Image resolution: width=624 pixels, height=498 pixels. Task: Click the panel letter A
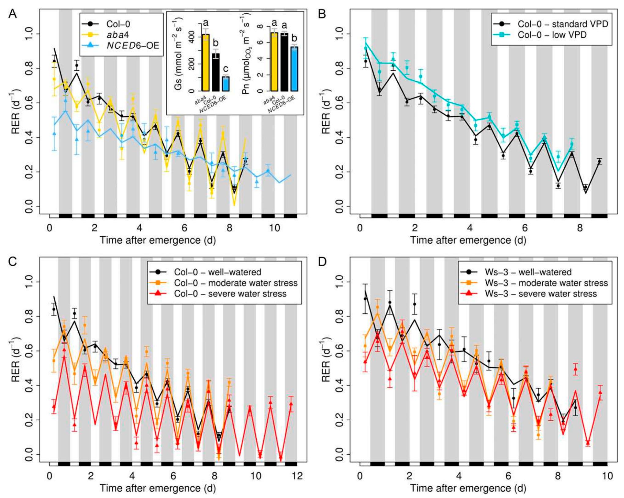(12, 14)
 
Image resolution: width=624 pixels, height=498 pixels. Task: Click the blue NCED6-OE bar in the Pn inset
(294, 69)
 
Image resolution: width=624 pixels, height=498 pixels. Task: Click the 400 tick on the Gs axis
(192, 37)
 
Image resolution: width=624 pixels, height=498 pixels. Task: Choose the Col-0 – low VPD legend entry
(552, 35)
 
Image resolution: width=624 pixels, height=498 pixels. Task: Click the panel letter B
(322, 14)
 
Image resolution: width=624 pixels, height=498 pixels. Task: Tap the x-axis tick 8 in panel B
(580, 228)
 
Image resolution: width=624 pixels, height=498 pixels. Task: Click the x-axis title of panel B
(468, 240)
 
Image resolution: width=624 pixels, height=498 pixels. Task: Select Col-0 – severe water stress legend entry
(230, 294)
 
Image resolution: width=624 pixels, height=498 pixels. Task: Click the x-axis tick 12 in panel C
(297, 476)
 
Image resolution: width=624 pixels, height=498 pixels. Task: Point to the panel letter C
(12, 262)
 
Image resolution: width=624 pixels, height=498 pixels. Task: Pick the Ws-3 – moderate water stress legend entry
(546, 283)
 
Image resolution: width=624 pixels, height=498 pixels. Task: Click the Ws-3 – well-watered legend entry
(528, 272)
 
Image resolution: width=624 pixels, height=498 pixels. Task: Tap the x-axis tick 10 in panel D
(607, 476)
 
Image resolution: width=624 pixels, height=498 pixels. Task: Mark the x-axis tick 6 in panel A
(184, 228)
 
